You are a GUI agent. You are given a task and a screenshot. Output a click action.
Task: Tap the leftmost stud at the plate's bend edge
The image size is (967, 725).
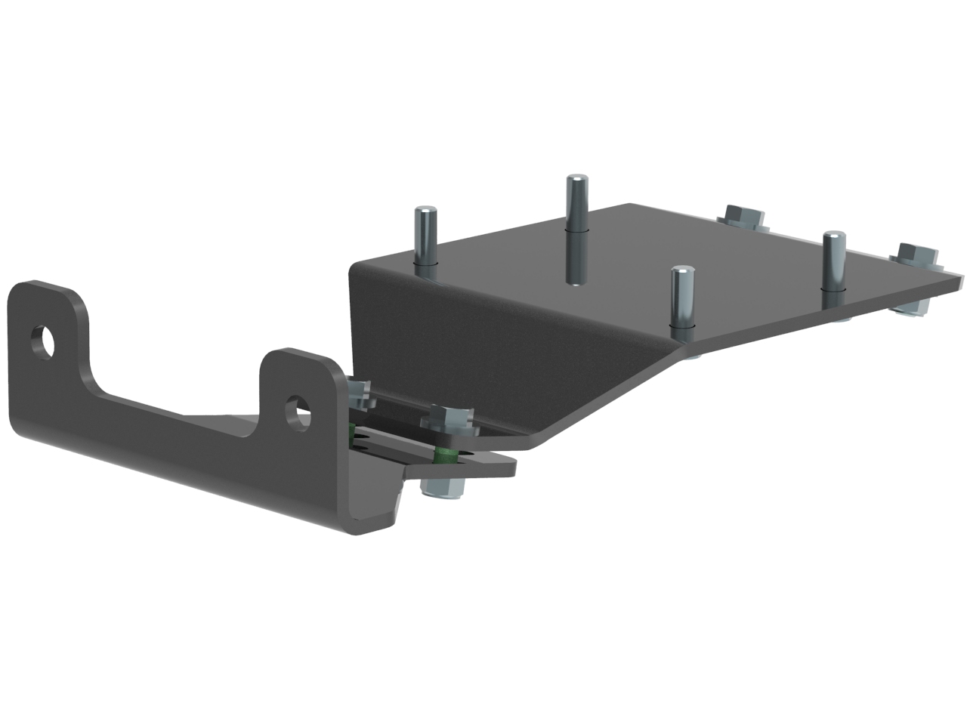(425, 238)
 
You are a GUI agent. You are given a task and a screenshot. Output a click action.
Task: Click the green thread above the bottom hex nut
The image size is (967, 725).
(443, 454)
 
